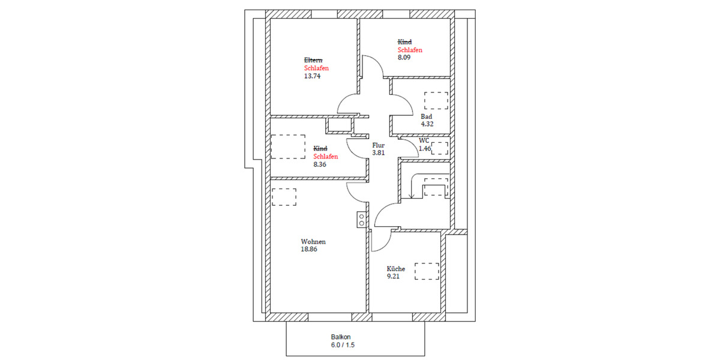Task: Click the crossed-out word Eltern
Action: (x=313, y=60)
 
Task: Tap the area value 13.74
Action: (x=312, y=76)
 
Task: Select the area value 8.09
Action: (x=405, y=58)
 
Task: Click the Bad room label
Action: (x=426, y=116)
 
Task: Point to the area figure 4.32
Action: (x=427, y=124)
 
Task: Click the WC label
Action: (x=424, y=140)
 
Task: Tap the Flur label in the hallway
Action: (x=378, y=145)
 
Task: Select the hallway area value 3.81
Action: (x=378, y=153)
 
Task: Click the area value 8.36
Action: (x=321, y=164)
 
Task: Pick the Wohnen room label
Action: (x=313, y=242)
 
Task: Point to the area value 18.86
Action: (x=308, y=250)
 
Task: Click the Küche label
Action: (x=395, y=269)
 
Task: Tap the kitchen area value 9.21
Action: (x=393, y=277)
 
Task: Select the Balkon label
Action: (x=340, y=337)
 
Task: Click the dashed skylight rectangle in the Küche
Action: (x=428, y=271)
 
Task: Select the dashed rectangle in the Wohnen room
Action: (x=284, y=197)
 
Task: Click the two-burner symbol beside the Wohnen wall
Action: (x=361, y=220)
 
